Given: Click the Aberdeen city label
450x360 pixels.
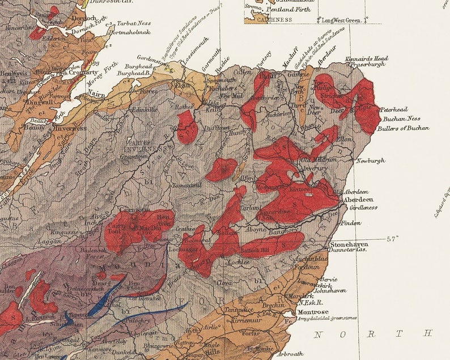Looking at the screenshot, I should (x=357, y=200).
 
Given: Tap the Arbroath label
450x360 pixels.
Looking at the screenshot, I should (x=294, y=354).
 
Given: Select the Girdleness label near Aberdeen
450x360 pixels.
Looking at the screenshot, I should (x=363, y=207).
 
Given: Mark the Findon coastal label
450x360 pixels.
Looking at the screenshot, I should (x=351, y=223).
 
